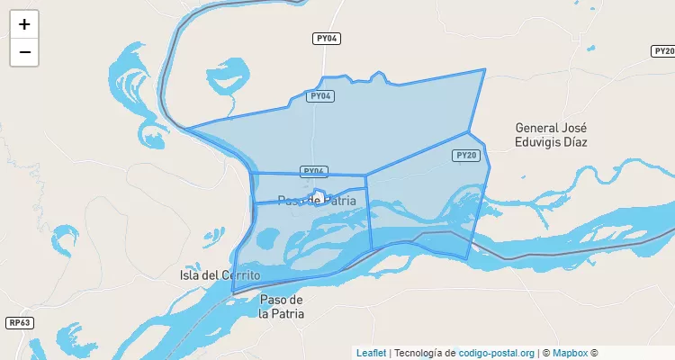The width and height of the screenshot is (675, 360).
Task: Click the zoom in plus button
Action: pyautogui.click(x=24, y=25)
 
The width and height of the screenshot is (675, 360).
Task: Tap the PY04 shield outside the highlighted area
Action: pyautogui.click(x=327, y=39)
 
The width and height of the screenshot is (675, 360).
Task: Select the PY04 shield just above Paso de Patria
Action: pyautogui.click(x=313, y=171)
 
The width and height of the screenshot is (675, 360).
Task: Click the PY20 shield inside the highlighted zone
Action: pyautogui.click(x=465, y=156)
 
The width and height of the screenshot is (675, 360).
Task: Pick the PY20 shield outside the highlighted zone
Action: pyautogui.click(x=663, y=51)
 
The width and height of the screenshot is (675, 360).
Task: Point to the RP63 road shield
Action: pyautogui.click(x=19, y=323)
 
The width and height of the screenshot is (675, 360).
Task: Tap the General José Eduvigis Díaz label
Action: pyautogui.click(x=550, y=135)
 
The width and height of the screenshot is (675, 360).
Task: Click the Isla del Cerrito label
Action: pyautogui.click(x=220, y=274)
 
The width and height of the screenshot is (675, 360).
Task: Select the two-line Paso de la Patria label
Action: pyautogui.click(x=282, y=306)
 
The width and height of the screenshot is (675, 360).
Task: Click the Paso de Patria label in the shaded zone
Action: pyautogui.click(x=311, y=200)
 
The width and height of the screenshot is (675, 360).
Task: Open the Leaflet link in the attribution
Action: pyautogui.click(x=371, y=353)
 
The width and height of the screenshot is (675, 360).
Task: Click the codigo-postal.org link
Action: pyautogui.click(x=497, y=353)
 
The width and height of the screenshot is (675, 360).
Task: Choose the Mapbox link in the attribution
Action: pyautogui.click(x=570, y=353)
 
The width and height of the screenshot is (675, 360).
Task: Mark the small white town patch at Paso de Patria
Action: pyautogui.click(x=319, y=195)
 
